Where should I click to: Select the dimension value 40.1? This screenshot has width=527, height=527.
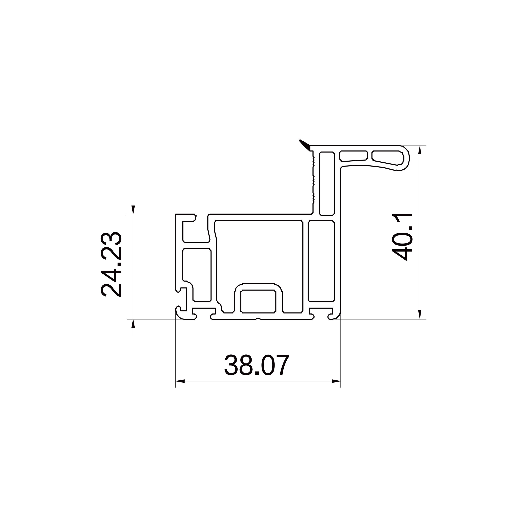403,237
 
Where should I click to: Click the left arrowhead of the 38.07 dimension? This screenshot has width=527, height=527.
180,381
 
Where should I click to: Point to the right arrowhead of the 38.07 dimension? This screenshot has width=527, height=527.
336,381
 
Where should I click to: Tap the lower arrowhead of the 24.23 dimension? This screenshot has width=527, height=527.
133,324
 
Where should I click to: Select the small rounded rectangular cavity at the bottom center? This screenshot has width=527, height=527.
258,301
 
